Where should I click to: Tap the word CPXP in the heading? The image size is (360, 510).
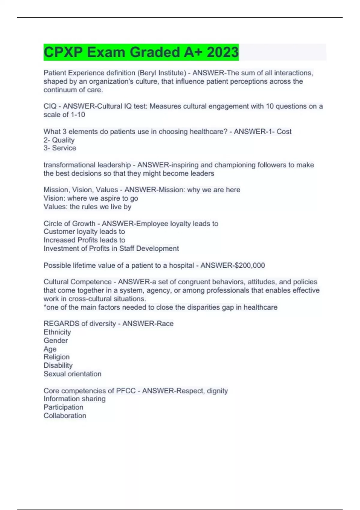coord(63,52)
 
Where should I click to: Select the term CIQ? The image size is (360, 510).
coord(50,106)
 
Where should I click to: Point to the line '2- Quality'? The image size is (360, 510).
coord(59,140)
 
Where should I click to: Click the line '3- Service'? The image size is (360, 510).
coord(60,148)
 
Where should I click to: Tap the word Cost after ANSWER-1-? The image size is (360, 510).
coord(284,132)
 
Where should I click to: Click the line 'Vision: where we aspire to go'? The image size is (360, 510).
coord(91,198)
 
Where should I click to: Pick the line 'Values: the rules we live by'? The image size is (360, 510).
coord(87,207)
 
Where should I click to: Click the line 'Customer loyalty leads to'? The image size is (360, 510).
coord(84,232)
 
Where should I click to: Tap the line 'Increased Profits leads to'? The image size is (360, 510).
coord(84,240)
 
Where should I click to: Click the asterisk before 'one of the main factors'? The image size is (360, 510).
coord(45,307)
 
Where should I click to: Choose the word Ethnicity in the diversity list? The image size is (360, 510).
coord(57,332)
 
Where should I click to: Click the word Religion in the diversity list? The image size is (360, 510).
coord(56,357)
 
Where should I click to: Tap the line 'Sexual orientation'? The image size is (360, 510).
coord(72,374)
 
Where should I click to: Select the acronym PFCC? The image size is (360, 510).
coord(126,391)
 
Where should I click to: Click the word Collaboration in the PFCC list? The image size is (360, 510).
coord(65,416)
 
